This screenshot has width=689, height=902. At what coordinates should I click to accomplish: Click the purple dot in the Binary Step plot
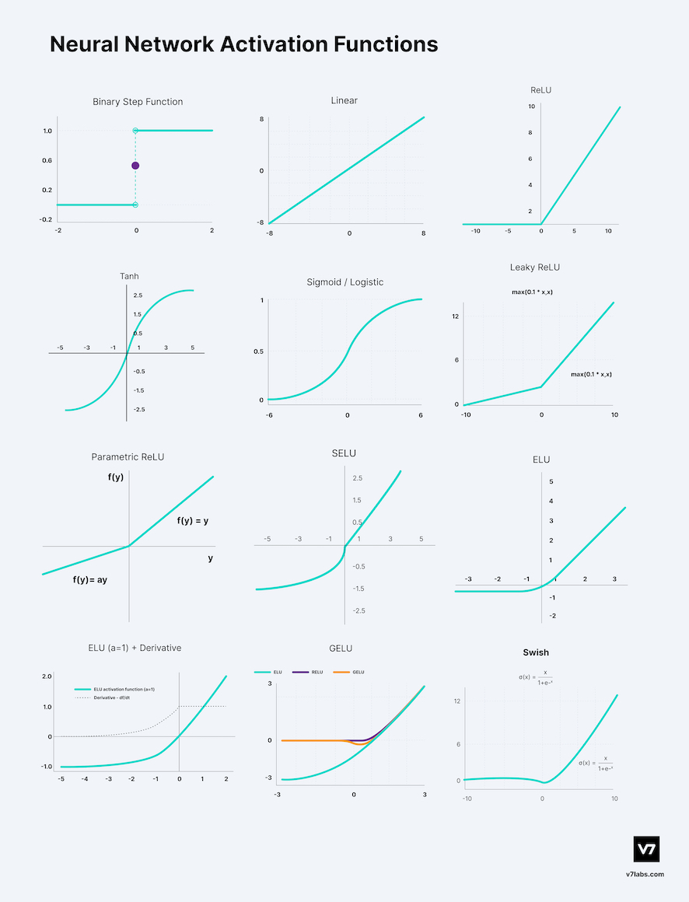pos(135,166)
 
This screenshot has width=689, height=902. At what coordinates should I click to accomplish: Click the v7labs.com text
pos(645,874)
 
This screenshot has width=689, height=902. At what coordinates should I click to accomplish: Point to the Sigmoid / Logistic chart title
pos(345,282)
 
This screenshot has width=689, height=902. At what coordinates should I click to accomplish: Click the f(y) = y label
pos(192,521)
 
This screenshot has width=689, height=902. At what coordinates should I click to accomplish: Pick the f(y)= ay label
pos(90,579)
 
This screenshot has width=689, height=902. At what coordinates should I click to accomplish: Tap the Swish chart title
pos(536,652)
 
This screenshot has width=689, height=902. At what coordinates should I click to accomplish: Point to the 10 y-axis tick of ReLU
pos(531,106)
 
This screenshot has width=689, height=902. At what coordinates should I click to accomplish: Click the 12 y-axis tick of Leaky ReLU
pos(456,316)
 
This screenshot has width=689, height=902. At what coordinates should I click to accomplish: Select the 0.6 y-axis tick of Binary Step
pos(47,161)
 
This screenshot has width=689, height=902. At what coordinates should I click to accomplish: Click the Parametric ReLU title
pos(128,456)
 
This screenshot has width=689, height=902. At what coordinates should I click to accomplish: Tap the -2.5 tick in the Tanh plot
pos(138,409)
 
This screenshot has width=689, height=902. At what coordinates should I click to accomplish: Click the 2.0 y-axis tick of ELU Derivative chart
pos(47,676)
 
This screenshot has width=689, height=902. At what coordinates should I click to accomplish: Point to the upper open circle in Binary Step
pos(135,131)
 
